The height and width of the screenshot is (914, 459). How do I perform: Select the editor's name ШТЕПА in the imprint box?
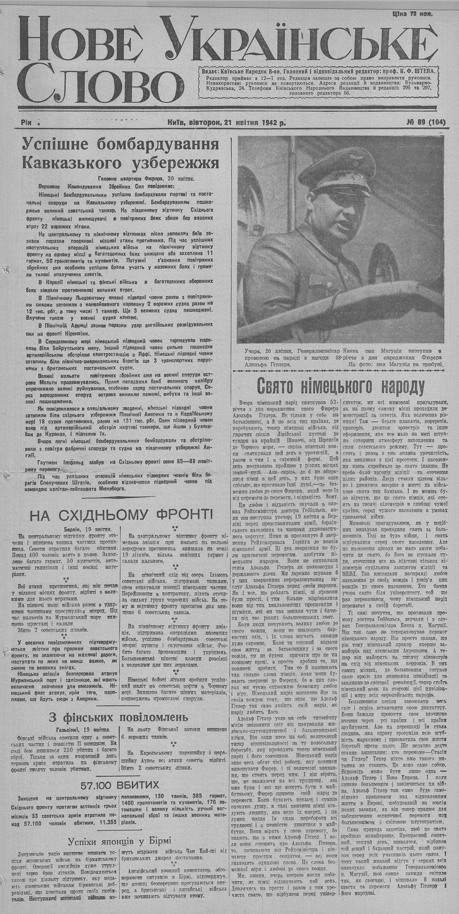point(422,71)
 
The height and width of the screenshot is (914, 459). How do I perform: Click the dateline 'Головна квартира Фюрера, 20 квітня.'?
point(146,179)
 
